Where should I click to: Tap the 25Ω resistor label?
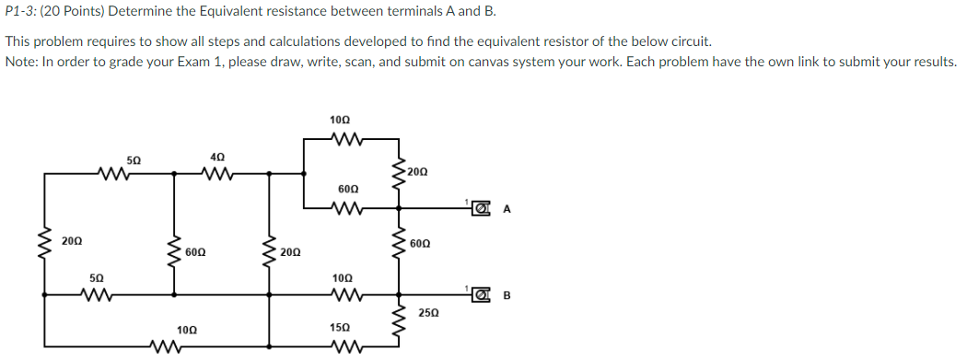[429, 314]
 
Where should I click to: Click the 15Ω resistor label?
[340, 328]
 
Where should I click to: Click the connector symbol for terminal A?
[479, 209]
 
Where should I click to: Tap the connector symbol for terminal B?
[479, 296]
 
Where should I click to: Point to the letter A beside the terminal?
[507, 209]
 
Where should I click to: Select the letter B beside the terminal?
[507, 296]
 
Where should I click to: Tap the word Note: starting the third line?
[21, 62]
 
